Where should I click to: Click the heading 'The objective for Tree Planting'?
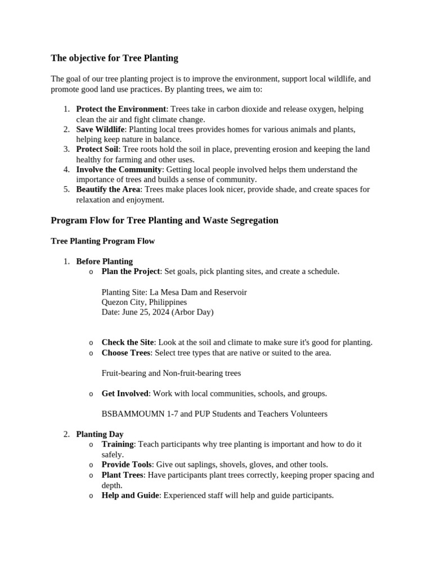114,58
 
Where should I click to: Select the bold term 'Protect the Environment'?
121,109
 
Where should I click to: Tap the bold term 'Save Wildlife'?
100,129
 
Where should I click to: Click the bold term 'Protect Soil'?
97,149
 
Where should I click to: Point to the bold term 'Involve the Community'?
119,169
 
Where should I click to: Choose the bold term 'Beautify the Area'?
108,190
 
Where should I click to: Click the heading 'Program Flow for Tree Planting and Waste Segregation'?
164,220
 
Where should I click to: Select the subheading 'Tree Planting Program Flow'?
102,241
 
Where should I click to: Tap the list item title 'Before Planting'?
104,262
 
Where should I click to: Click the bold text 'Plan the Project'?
130,272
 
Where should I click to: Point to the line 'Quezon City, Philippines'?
144,302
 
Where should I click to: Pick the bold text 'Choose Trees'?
125,353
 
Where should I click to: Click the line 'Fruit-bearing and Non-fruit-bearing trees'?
171,373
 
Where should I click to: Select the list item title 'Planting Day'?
100,434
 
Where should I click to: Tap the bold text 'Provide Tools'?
127,465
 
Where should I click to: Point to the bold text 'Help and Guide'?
130,496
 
